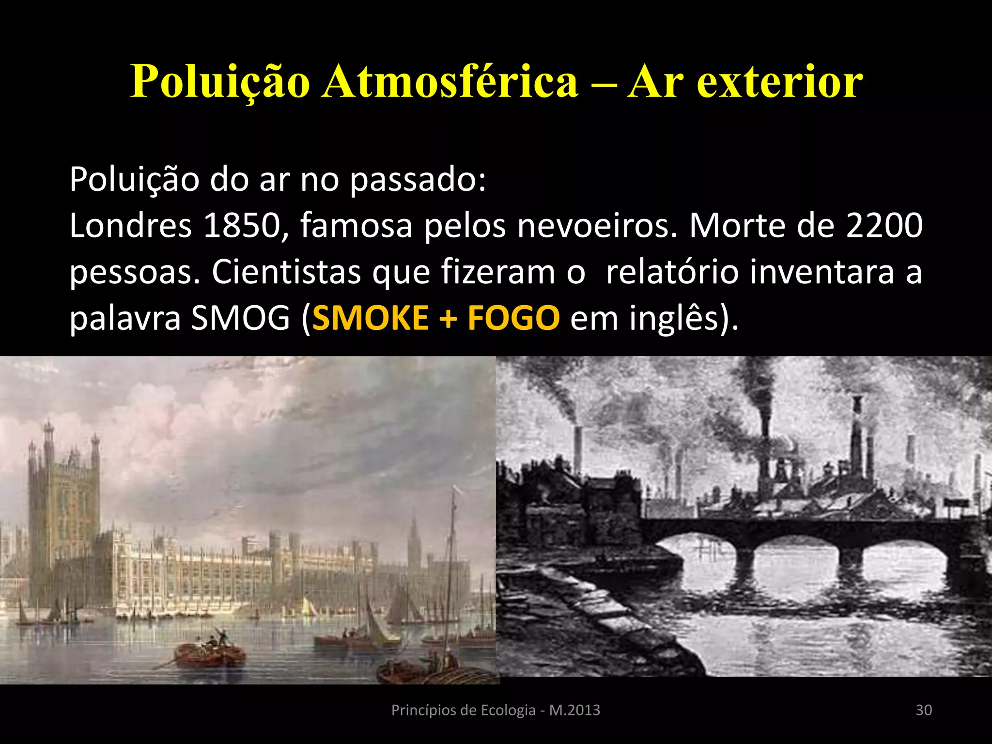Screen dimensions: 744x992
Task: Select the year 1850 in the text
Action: (242, 225)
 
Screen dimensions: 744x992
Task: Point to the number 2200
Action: (884, 225)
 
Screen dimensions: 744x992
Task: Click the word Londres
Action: (131, 225)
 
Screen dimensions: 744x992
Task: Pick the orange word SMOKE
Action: (371, 318)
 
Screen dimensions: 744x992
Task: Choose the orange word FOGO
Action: (513, 318)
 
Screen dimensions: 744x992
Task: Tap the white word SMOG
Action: (240, 318)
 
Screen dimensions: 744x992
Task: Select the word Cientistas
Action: (286, 272)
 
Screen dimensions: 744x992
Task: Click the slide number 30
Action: (924, 710)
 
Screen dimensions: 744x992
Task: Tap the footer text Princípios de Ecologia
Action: (463, 710)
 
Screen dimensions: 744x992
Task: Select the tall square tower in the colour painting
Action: (63, 509)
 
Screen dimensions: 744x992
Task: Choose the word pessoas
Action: (134, 273)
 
